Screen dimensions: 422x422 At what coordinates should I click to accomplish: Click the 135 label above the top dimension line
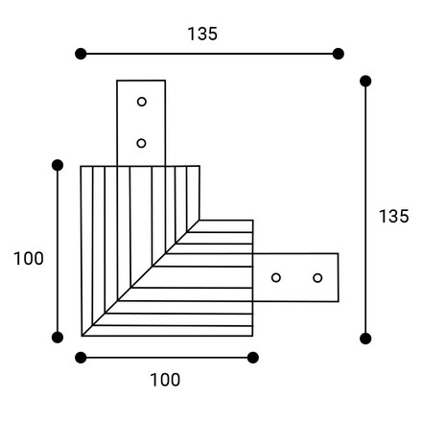[x=202, y=34]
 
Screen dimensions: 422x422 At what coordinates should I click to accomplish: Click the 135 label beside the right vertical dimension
[x=394, y=216]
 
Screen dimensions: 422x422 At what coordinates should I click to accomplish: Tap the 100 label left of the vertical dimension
[x=29, y=258]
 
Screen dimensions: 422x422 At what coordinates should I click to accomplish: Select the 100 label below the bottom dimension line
[x=165, y=380]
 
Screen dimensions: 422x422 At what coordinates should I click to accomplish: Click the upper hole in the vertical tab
[x=142, y=102]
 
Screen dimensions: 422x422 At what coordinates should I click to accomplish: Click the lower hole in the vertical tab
[x=141, y=143]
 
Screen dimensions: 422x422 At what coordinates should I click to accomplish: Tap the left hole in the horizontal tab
[x=276, y=277]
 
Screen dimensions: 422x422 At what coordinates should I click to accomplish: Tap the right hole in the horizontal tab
[x=317, y=278]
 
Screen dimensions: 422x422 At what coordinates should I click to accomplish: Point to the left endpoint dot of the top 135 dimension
[x=81, y=54]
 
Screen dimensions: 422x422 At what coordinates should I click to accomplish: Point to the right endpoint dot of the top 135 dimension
[x=339, y=54]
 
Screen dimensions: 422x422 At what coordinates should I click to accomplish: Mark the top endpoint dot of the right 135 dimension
[x=365, y=82]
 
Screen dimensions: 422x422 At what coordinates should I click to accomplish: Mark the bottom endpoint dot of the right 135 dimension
[x=365, y=339]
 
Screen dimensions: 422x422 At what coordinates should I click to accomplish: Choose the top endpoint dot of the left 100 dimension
[x=58, y=165]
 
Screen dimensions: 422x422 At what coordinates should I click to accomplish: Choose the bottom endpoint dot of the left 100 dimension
[x=58, y=338]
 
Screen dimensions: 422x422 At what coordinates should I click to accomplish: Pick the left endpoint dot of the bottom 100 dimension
[x=81, y=358]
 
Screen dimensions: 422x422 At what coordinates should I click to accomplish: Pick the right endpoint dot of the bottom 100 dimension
[x=253, y=358]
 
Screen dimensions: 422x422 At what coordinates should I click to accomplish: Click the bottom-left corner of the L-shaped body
[x=82, y=336]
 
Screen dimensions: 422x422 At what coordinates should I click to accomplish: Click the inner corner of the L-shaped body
[x=199, y=221]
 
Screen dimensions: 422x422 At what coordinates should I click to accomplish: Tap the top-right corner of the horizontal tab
[x=339, y=253]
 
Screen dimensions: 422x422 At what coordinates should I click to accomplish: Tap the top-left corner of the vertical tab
[x=117, y=81]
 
